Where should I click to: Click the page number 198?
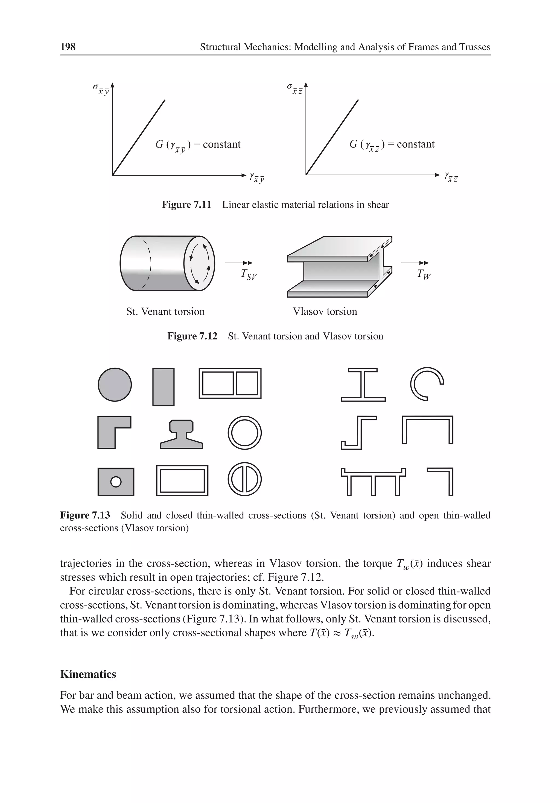coord(68,47)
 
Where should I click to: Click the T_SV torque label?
coord(249,275)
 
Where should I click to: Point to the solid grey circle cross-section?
coord(115,384)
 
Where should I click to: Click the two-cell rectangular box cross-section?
coord(230,383)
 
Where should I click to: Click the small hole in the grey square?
coord(116,482)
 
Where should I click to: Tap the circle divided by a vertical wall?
coord(244,479)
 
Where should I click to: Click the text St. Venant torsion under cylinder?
coord(165,311)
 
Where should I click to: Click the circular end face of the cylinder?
coord(199,263)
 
